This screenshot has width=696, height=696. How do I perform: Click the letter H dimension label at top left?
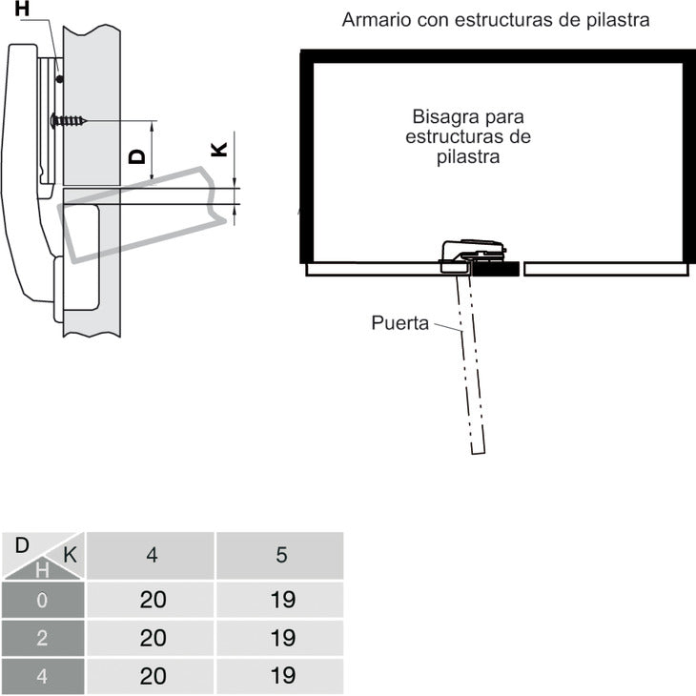[22, 9]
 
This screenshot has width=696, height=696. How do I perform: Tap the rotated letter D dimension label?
[136, 156]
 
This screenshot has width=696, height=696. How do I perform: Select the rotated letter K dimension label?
[219, 149]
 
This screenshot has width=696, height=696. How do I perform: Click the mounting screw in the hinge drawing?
[69, 120]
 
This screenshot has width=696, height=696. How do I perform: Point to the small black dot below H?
[59, 79]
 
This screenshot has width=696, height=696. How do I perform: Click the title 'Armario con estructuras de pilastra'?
[496, 20]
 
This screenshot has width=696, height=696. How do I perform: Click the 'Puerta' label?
[399, 322]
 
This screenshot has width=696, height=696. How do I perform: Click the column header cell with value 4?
[151, 555]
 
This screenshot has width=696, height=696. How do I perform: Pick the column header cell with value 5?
[280, 555]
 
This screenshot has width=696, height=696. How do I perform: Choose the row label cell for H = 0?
[43, 600]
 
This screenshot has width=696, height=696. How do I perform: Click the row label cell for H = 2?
[43, 638]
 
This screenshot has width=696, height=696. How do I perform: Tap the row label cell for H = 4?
[43, 676]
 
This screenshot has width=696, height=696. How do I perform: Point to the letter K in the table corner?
[71, 555]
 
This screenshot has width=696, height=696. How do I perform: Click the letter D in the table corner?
[22, 545]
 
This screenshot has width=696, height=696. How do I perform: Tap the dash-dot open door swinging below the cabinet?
[470, 364]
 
